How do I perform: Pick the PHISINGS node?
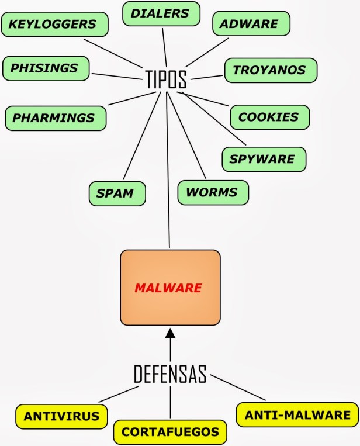46,68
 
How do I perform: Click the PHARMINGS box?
54,117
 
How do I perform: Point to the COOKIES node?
268,117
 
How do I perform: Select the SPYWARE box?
258,158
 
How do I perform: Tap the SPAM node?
116,192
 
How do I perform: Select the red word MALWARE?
168,288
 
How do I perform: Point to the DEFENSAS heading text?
170,374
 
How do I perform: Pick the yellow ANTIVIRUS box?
61,416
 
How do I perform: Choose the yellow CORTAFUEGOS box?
169,432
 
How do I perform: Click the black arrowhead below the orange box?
170,334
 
